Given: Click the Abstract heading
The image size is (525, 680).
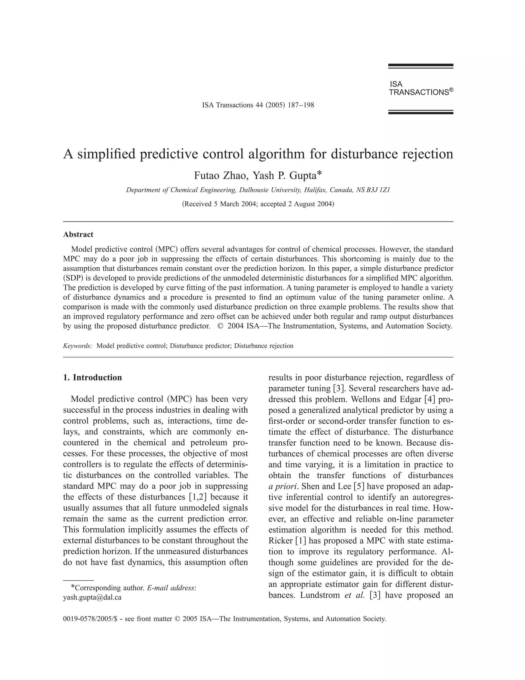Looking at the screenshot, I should [x=78, y=235].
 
